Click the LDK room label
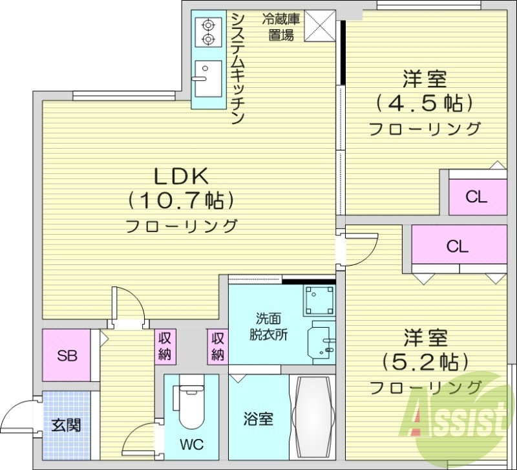coord(180,175)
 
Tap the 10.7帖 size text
coord(180,200)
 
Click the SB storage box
coord(65,356)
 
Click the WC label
coord(193,444)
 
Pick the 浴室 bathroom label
coord(258,419)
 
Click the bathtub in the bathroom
coord(313,416)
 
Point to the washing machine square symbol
coord(319,301)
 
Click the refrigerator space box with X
coord(317,25)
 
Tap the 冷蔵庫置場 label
coord(278,27)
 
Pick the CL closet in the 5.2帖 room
coord(457,246)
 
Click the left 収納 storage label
coord(165,346)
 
